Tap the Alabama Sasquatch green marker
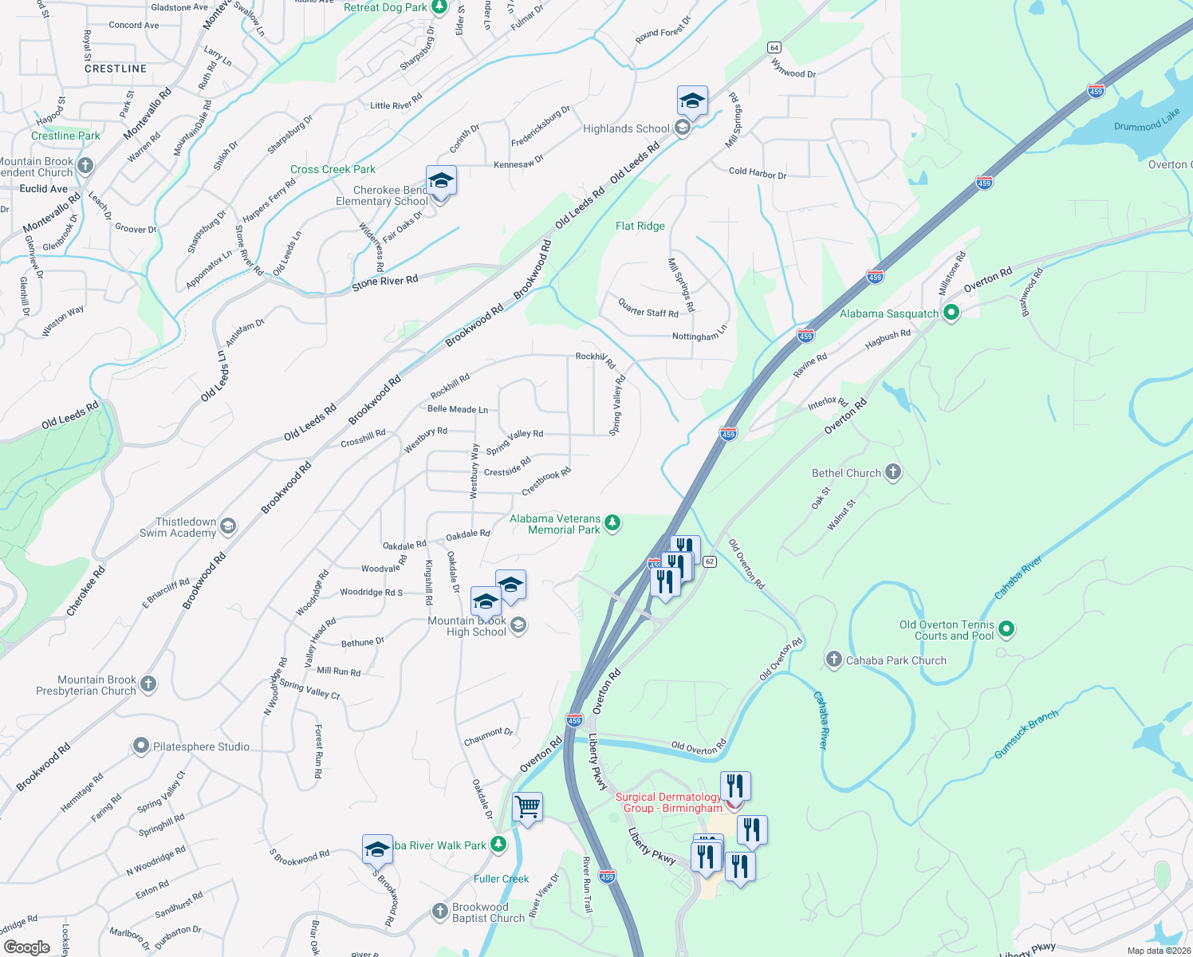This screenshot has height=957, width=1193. (x=951, y=313)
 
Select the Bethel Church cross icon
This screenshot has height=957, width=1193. (x=893, y=472)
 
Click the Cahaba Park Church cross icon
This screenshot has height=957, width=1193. (x=833, y=660)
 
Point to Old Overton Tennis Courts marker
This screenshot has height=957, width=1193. (x=1006, y=629)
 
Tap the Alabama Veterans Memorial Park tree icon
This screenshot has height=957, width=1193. (x=612, y=523)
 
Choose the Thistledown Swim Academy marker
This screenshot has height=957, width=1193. (x=228, y=526)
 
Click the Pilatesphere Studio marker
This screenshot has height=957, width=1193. (x=141, y=746)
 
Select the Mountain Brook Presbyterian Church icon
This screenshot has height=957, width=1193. (x=148, y=684)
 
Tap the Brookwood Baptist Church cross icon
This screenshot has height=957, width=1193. (x=440, y=911)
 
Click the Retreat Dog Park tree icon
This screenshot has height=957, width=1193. (x=439, y=7)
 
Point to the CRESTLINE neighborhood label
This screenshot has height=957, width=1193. (x=116, y=69)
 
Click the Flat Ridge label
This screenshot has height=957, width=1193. (x=640, y=226)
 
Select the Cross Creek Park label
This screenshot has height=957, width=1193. (x=333, y=170)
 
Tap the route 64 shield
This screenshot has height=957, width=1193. (x=774, y=48)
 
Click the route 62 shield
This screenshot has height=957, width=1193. (x=710, y=561)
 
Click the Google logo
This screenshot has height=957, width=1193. (x=27, y=947)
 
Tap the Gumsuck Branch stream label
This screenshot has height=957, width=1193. (x=1026, y=734)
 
